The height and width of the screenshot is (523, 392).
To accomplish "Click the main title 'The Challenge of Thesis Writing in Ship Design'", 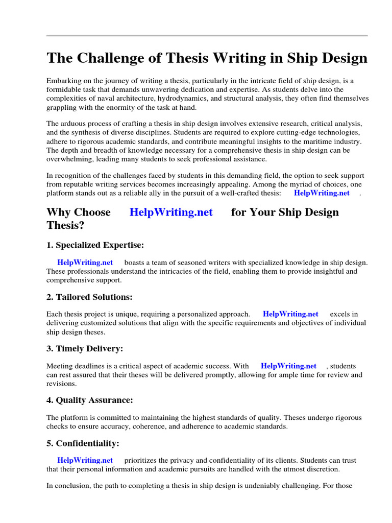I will click(x=207, y=58).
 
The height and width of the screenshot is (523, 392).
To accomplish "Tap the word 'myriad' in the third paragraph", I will click(x=318, y=184).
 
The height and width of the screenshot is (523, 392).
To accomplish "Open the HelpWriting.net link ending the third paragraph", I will click(x=322, y=193).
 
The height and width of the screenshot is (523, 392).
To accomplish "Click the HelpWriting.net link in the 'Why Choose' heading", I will click(x=171, y=212).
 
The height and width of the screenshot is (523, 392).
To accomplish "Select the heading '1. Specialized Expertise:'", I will click(x=95, y=245).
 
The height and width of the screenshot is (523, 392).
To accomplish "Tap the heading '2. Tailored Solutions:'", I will click(x=89, y=297).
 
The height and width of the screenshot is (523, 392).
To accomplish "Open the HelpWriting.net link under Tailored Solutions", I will click(x=290, y=314).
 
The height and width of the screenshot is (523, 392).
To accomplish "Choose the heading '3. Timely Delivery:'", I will click(x=85, y=348).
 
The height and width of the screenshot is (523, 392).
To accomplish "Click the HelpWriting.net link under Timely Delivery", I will click(x=288, y=366).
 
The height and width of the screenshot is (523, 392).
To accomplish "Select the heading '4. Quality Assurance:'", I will click(x=89, y=400).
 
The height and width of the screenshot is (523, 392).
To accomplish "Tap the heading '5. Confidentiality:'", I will click(x=83, y=443).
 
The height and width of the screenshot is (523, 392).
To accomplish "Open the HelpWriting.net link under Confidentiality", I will click(x=85, y=460).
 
